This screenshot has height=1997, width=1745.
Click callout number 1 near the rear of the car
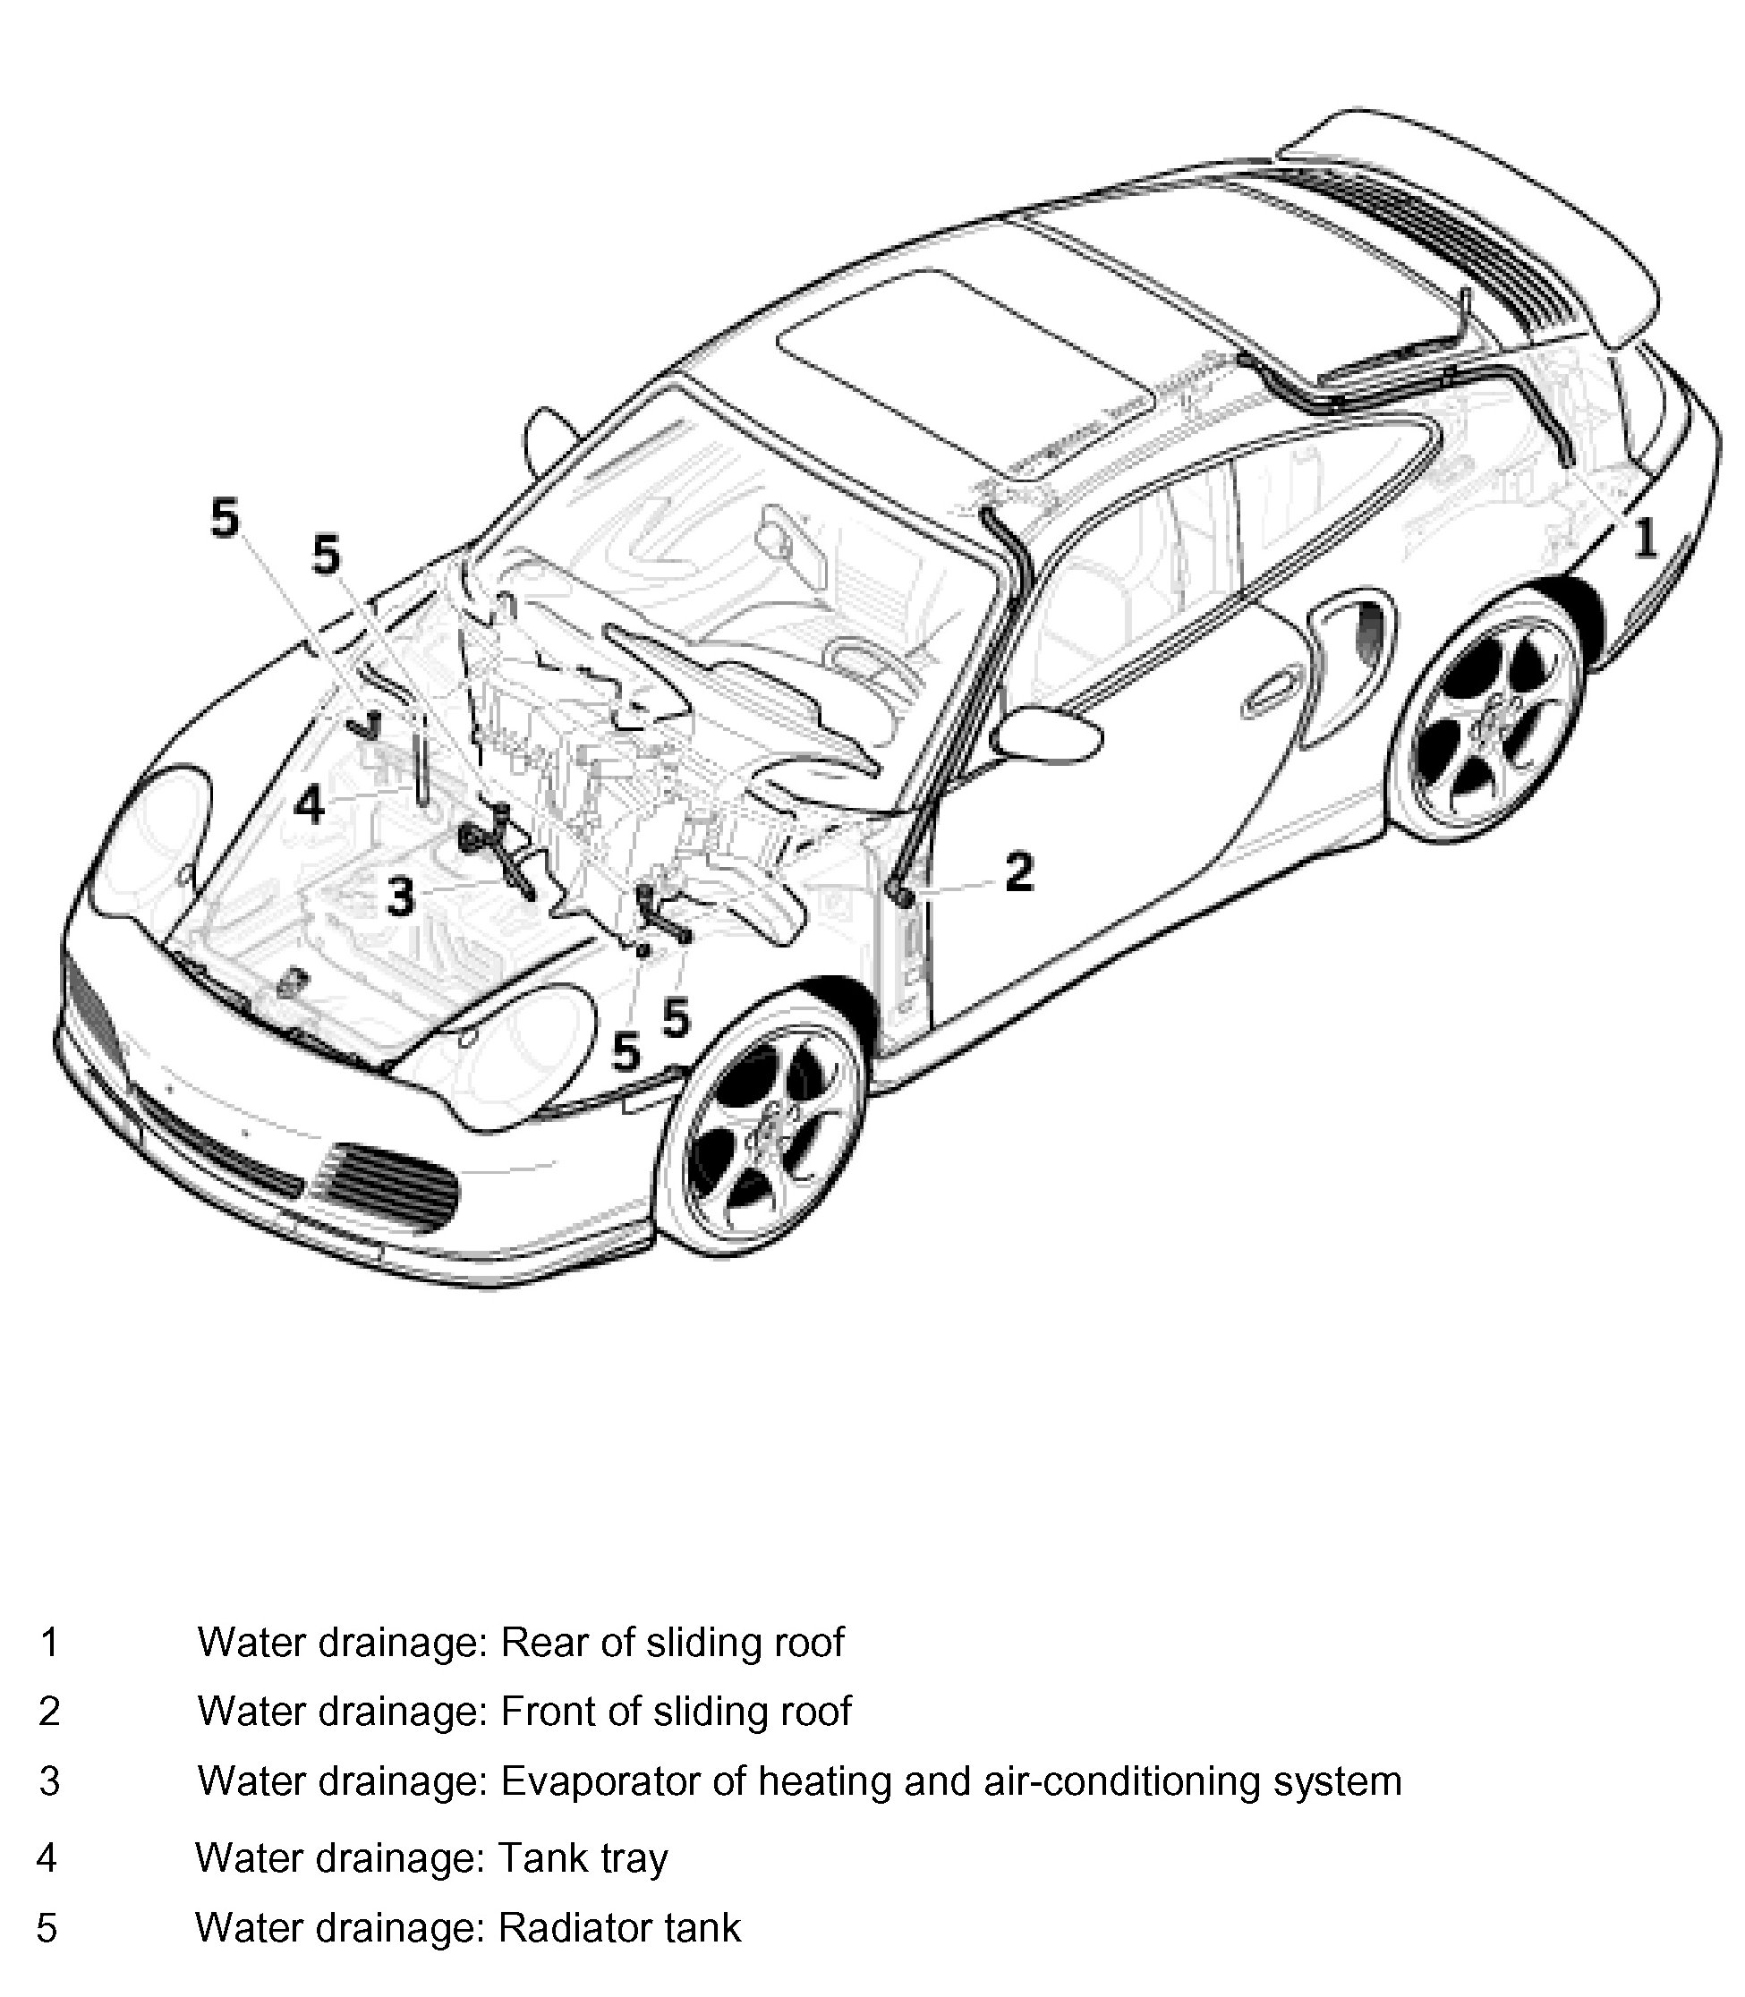coord(1644,538)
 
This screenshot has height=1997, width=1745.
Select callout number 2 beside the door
coord(1018,871)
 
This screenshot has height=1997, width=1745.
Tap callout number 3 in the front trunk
coord(400,896)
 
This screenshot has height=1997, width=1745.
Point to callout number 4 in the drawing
coord(309,805)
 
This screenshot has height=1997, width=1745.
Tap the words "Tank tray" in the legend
coord(583,1857)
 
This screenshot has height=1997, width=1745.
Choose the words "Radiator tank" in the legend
coord(619,1928)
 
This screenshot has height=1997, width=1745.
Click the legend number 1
coord(49,1643)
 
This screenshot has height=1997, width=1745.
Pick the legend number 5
coord(47,1928)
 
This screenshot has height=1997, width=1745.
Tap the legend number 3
coord(49,1781)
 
